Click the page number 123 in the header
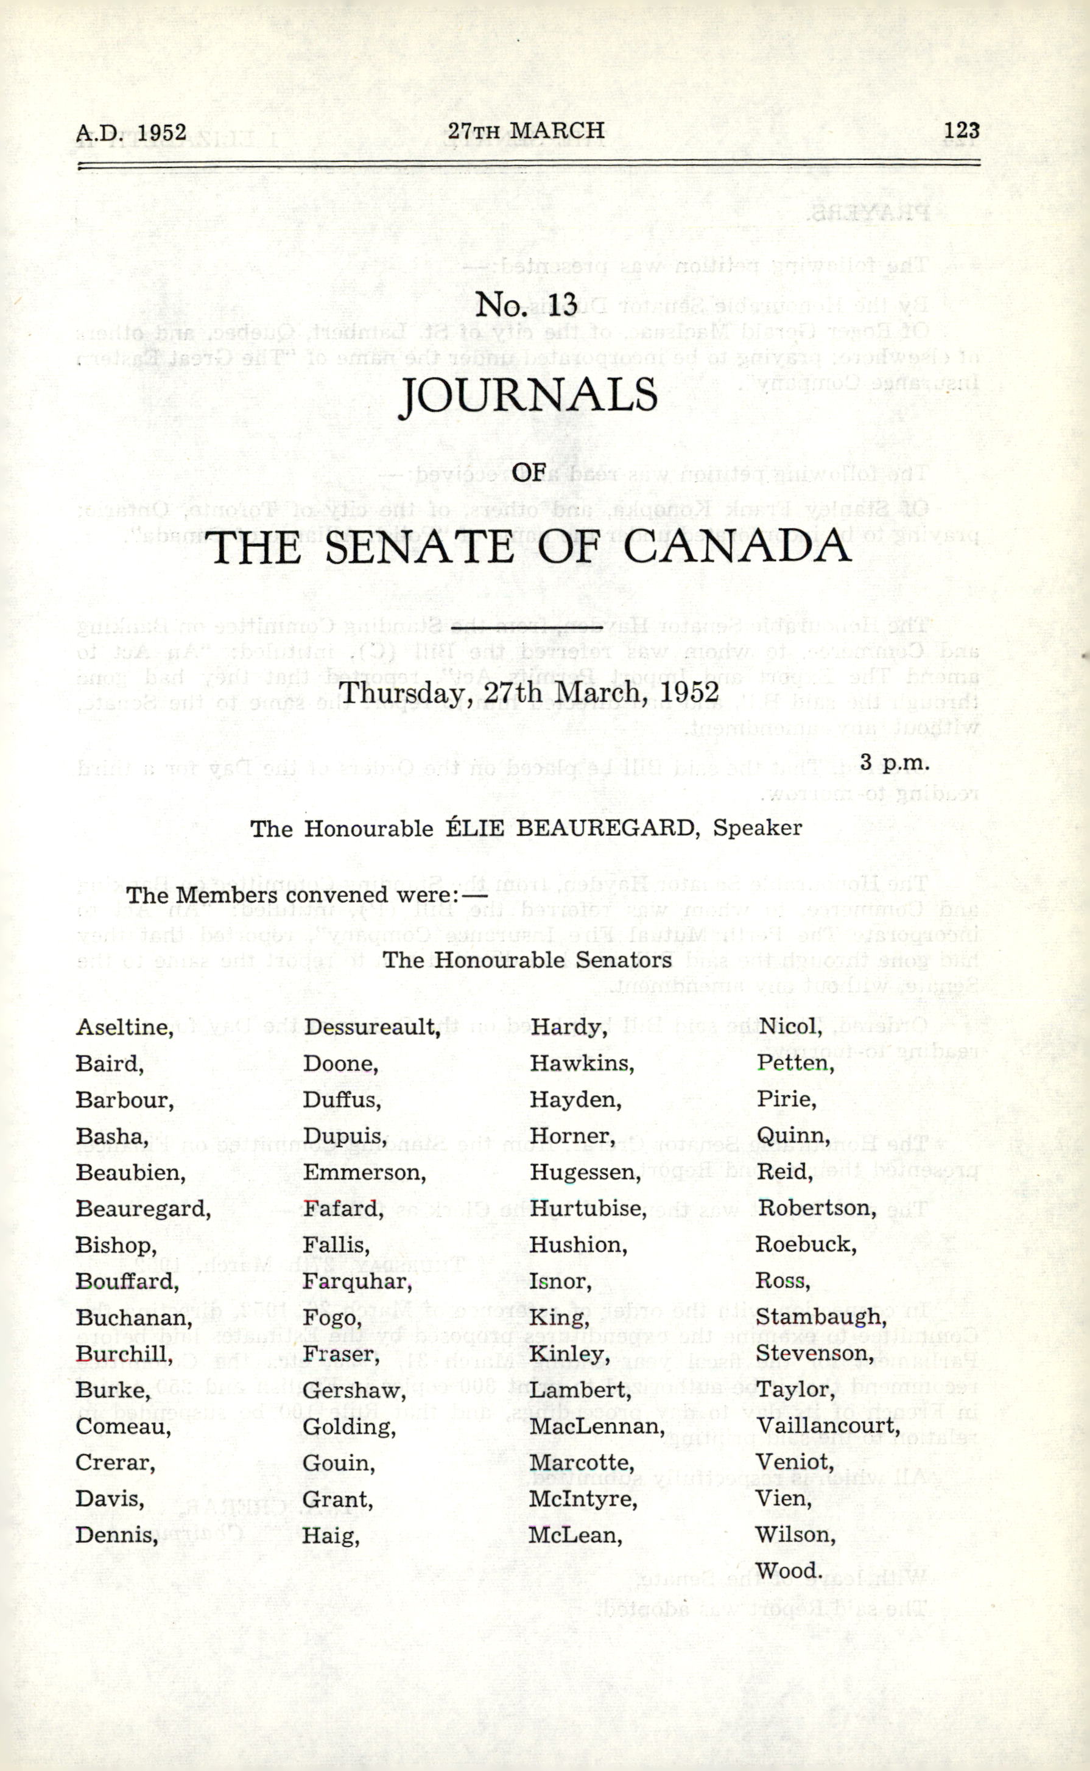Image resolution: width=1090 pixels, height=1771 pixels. point(961,130)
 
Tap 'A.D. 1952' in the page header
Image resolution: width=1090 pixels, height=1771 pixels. point(131,133)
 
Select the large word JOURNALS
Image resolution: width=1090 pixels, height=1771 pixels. point(529,396)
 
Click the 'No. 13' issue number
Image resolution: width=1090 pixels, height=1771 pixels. point(526,306)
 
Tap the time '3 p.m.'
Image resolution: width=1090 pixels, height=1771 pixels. point(894,762)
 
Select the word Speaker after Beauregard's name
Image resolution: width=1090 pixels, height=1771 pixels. point(757,828)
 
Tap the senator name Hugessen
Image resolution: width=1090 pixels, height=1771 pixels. point(585,1173)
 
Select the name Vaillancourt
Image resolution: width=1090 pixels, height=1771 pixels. point(828,1426)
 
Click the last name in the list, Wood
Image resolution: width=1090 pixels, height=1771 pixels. point(789,1571)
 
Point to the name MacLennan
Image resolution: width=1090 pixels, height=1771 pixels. point(596,1426)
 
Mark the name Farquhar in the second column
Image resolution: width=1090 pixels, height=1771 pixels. point(357,1281)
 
